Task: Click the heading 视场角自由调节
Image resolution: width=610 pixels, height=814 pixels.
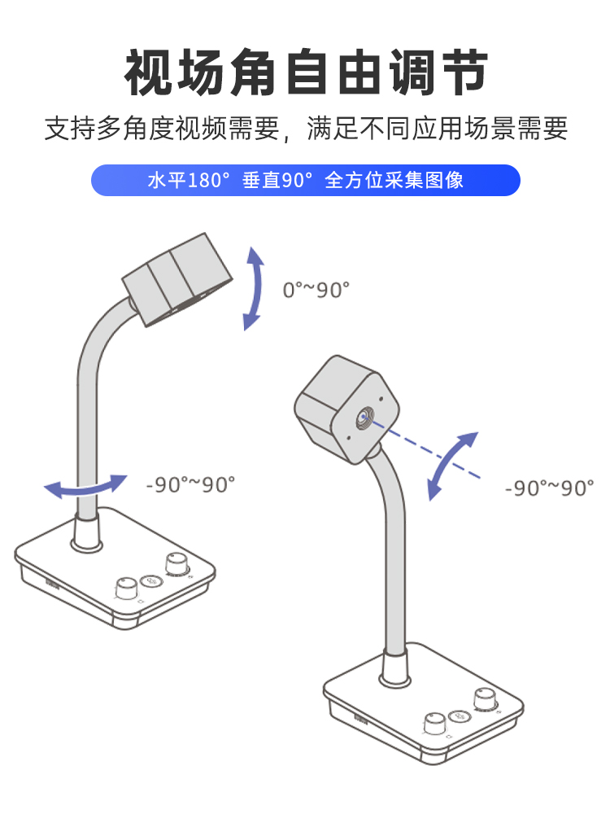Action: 306,72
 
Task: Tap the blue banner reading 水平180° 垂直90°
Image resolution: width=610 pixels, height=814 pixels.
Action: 306,180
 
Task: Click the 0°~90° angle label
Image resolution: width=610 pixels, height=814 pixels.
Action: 316,290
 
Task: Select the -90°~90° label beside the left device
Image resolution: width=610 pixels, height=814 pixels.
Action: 190,484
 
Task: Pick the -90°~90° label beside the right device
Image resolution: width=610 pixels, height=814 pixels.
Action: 550,488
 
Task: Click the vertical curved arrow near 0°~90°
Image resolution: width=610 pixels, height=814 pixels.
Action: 255,290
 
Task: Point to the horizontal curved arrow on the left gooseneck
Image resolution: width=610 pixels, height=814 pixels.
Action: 85,486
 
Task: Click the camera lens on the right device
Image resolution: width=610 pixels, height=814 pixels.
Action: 363,418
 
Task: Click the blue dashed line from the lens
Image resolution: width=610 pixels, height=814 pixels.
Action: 431,453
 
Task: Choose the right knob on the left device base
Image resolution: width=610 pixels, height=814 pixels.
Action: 175,563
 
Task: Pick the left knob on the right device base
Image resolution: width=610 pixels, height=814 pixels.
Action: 434,723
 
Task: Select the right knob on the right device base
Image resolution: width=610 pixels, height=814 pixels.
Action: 486,698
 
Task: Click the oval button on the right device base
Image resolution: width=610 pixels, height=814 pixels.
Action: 460,715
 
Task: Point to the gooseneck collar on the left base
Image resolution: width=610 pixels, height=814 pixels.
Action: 85,533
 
